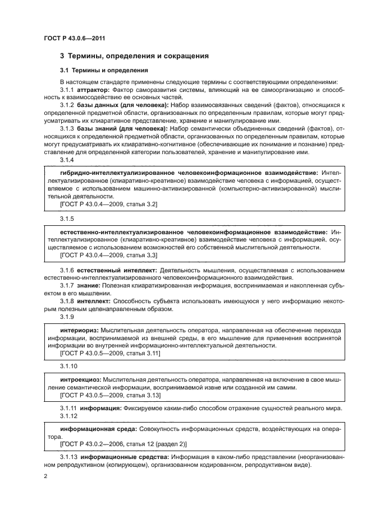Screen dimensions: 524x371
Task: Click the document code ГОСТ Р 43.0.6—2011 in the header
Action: click(x=75, y=38)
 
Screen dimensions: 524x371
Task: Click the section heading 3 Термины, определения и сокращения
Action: click(x=134, y=56)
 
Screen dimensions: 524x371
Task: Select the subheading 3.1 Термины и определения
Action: click(x=104, y=71)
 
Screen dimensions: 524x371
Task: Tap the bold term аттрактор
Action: click(x=93, y=90)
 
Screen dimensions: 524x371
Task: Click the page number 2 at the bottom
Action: click(x=45, y=476)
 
